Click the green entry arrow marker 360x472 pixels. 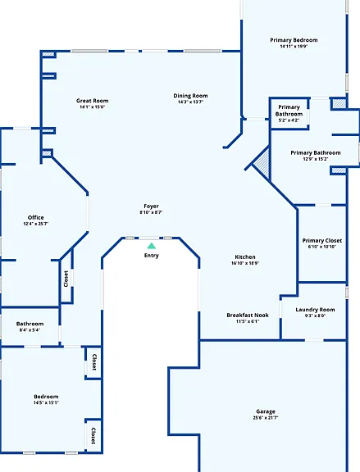pyautogui.click(x=152, y=246)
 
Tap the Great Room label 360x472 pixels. pyautogui.click(x=92, y=101)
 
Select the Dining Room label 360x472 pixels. pyautogui.click(x=190, y=96)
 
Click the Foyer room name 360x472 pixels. pyautogui.click(x=151, y=206)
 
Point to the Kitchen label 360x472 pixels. pyautogui.click(x=245, y=256)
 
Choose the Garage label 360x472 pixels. pyautogui.click(x=266, y=411)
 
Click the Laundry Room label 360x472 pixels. pyautogui.click(x=315, y=310)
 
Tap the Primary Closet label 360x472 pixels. pyautogui.click(x=322, y=241)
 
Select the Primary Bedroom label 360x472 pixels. pyautogui.click(x=294, y=40)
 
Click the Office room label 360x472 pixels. pyautogui.click(x=36, y=217)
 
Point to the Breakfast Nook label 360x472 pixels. pyautogui.click(x=248, y=315)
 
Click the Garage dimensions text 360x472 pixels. pyautogui.click(x=266, y=418)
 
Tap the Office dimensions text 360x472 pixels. pyautogui.click(x=36, y=224)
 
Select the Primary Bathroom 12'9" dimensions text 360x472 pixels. pyautogui.click(x=316, y=159)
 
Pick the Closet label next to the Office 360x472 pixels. pyautogui.click(x=66, y=279)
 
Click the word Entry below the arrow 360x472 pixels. pyautogui.click(x=151, y=256)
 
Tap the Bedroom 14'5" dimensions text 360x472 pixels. pyautogui.click(x=46, y=402)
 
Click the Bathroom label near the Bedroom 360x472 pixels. pyautogui.click(x=30, y=324)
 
